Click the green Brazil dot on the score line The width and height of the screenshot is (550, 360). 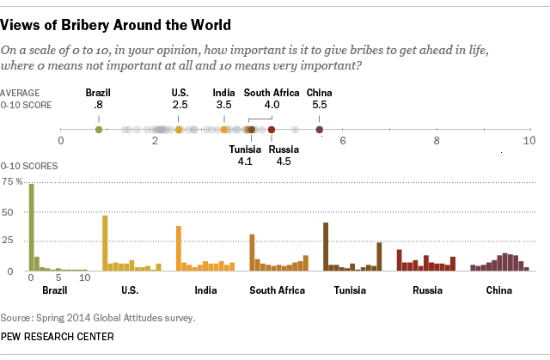(x=99, y=130)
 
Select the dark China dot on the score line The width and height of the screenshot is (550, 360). (x=320, y=130)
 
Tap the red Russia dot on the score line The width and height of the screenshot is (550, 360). (x=272, y=130)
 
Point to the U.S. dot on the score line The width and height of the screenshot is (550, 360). (x=179, y=130)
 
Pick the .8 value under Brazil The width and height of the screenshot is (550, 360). (x=99, y=104)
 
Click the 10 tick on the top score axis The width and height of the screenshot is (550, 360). (x=529, y=141)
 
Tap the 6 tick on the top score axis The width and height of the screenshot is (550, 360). (x=342, y=141)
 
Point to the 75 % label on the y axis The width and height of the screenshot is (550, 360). (x=12, y=182)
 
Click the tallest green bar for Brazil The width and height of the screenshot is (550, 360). (x=32, y=228)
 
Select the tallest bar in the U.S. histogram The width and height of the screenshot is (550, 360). (x=105, y=243)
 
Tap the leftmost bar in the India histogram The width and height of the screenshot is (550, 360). (x=179, y=248)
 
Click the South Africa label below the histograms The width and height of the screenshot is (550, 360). (x=277, y=290)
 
